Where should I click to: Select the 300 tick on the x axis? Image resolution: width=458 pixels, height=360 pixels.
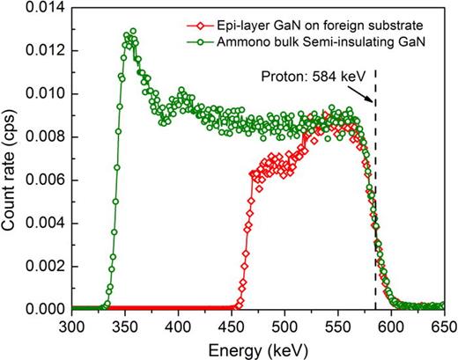(72, 325)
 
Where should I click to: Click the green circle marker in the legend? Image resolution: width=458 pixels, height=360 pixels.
(232, 36)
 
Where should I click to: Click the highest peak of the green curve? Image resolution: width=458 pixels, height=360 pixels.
(132, 32)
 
